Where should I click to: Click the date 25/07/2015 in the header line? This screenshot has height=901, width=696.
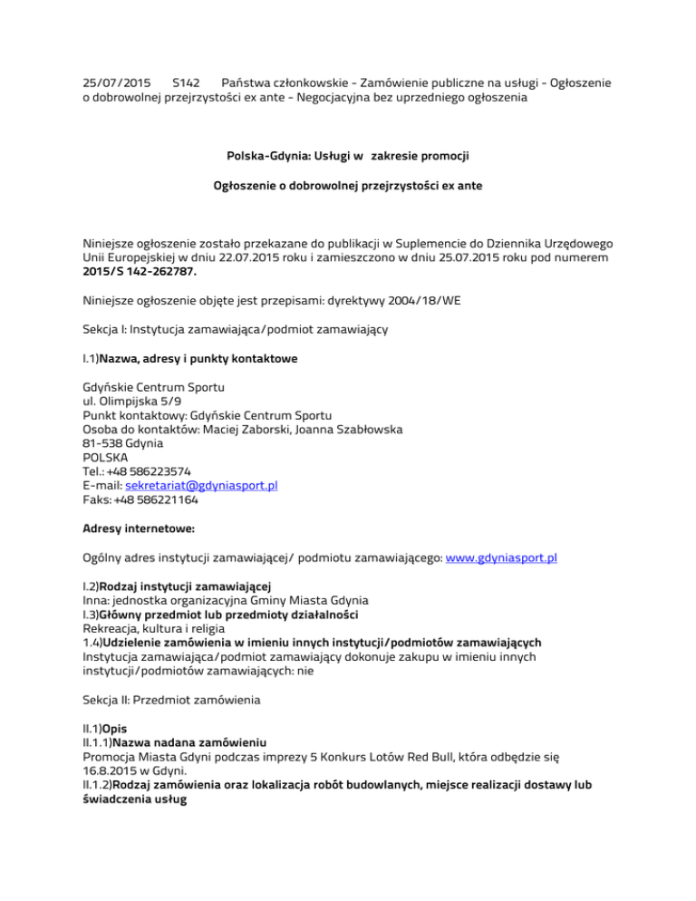108,82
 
